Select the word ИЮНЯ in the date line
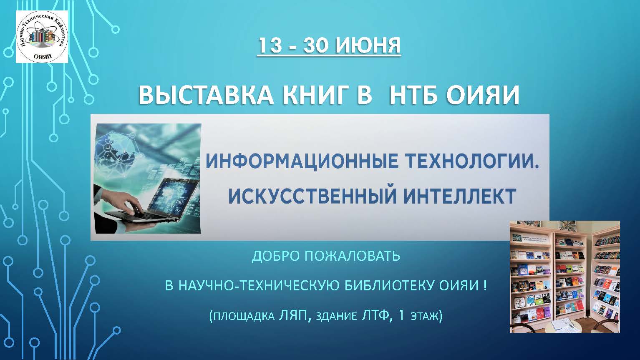pyautogui.click(x=368, y=46)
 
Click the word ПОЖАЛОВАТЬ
pyautogui.click(x=352, y=256)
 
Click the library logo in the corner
pyautogui.click(x=42, y=37)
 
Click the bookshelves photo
pyautogui.click(x=565, y=277)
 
